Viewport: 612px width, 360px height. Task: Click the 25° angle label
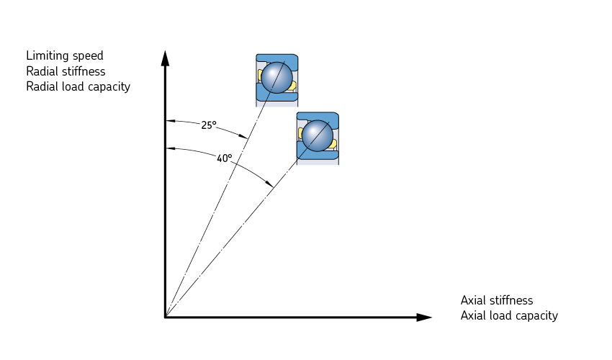pos(209,125)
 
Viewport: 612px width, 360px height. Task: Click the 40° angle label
pos(225,158)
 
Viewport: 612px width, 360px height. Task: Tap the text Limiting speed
pos(65,55)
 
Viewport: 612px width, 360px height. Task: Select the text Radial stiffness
pos(66,71)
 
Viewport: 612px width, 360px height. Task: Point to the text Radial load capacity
pos(78,86)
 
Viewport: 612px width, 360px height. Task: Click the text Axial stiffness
pos(497,300)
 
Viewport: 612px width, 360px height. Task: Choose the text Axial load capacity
pos(509,315)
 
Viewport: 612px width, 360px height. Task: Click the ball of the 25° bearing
pos(276,78)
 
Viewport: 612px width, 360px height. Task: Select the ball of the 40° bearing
pos(317,136)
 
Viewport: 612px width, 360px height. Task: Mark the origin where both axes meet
pos(166,317)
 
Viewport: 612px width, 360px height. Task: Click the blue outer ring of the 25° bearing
pos(277,58)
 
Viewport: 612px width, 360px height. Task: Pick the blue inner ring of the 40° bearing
pos(317,155)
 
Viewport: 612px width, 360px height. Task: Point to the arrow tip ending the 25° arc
pos(246,137)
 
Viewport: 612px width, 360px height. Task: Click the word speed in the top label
pos(89,56)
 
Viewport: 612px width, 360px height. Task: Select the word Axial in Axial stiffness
pos(473,300)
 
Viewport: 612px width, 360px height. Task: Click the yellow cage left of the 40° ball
pos(300,133)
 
